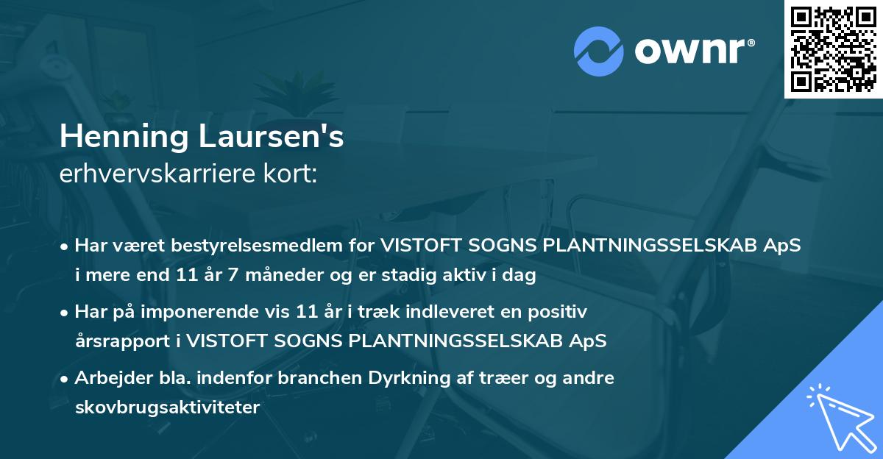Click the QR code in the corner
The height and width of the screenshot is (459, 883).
[x=833, y=49]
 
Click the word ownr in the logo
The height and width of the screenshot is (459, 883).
[x=691, y=51]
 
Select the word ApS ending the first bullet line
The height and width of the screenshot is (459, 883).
[x=782, y=246]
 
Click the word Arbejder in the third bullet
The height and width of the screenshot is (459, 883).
[x=108, y=378]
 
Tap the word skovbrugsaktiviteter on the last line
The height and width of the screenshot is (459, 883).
[x=167, y=408]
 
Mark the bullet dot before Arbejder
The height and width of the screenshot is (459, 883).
[x=65, y=379]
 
